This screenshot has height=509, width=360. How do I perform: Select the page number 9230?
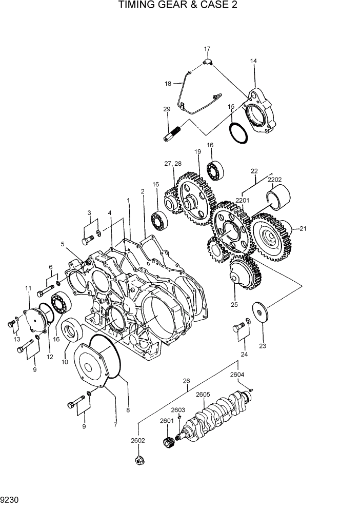(10, 498)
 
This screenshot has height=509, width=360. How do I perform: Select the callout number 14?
(253, 61)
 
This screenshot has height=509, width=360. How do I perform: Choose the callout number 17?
(207, 49)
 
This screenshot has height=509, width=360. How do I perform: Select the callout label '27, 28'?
(173, 164)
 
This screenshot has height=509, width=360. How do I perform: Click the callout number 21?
(303, 229)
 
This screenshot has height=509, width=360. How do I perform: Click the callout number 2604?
(236, 375)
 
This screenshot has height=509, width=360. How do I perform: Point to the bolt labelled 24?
(239, 327)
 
